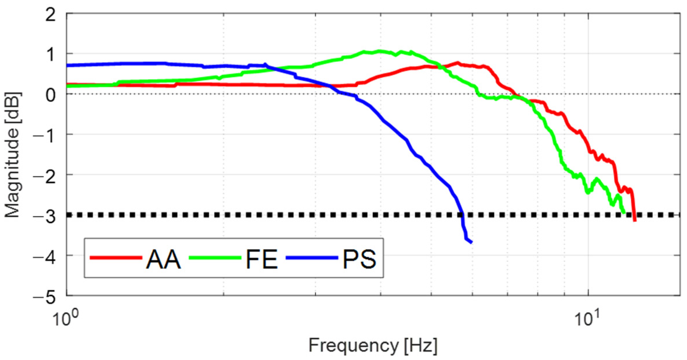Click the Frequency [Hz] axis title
(373, 345)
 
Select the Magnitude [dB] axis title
(12, 155)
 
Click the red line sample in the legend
(116, 257)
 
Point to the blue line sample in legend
(312, 257)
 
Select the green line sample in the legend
(215, 257)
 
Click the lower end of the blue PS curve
(471, 242)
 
